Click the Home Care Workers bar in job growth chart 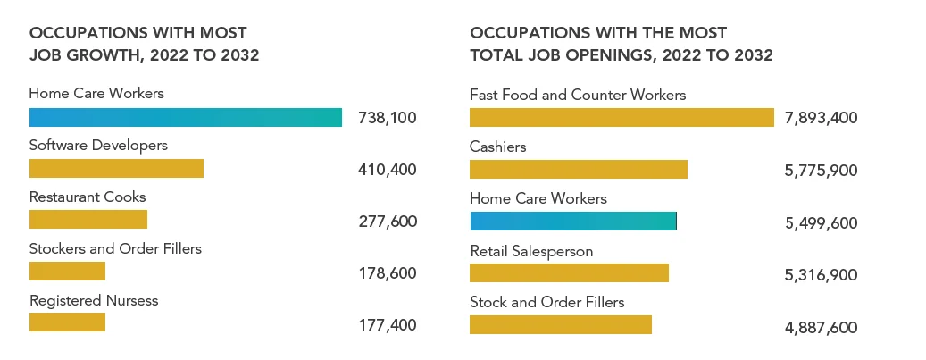pos(186,117)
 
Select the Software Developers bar pos(116,169)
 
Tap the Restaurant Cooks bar pos(88,220)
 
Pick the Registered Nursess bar pos(67,322)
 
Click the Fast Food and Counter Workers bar pos(622,117)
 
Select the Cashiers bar pos(579,169)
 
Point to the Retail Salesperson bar pos(569,272)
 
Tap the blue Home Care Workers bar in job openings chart pos(573,221)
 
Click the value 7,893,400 pos(822,118)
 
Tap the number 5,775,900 pos(822,170)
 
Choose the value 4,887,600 pos(822,328)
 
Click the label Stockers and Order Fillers pos(115,248)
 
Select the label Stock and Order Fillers pos(547,302)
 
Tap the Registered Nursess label pos(94,300)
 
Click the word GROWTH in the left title pos(96,55)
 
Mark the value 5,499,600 pos(822,223)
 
